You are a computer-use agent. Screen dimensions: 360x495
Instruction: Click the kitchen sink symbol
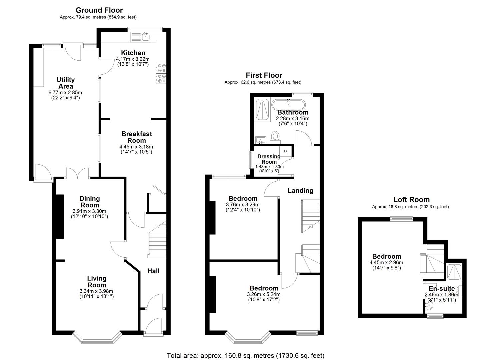[146, 36]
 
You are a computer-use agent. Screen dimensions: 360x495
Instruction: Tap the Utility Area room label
[65, 83]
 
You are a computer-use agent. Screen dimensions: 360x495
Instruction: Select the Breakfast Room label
[137, 137]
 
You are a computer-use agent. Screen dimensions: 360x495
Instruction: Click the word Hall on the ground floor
[153, 271]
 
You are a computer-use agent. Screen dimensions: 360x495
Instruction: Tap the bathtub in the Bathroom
[288, 105]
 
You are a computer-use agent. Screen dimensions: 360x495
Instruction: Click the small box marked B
[285, 151]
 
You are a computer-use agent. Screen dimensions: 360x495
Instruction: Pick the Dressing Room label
[269, 159]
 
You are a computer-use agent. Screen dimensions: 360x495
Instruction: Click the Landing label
[300, 191]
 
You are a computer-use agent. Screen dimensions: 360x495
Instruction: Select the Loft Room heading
[411, 200]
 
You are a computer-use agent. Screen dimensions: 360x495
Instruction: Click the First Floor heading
[264, 75]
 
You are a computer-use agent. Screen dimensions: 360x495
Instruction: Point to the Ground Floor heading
[99, 10]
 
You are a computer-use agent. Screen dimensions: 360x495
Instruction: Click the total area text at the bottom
[245, 356]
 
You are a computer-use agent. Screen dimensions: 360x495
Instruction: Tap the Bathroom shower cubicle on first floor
[262, 109]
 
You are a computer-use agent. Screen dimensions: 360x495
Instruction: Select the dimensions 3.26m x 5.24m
[263, 294]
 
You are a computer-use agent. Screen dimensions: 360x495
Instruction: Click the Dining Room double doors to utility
[77, 174]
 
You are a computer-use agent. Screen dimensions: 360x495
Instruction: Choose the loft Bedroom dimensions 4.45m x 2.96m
[386, 263]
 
